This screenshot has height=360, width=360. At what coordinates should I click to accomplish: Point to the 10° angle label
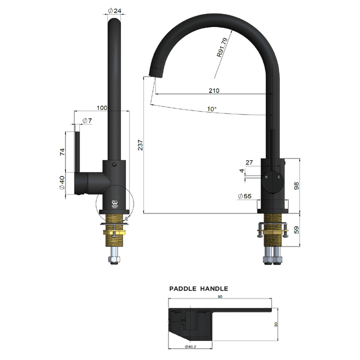click(x=212, y=108)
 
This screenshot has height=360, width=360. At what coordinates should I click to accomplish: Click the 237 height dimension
click(x=140, y=145)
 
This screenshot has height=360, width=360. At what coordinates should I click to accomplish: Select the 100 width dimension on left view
click(x=102, y=107)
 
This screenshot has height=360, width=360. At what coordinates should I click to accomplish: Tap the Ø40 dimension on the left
click(x=62, y=183)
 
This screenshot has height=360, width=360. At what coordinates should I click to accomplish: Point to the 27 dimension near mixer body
click(x=250, y=162)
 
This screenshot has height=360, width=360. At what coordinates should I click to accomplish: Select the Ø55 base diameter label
click(x=245, y=195)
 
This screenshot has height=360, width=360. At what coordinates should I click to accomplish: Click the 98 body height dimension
click(x=296, y=185)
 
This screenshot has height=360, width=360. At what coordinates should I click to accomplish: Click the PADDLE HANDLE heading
click(x=198, y=288)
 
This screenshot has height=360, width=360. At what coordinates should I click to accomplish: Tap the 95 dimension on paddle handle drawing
click(x=219, y=296)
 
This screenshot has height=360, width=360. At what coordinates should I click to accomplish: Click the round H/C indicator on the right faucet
click(x=273, y=178)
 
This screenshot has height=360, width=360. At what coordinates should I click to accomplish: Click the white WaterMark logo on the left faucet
click(x=114, y=204)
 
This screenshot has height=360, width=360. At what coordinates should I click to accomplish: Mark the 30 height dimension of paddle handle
click(x=276, y=324)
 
